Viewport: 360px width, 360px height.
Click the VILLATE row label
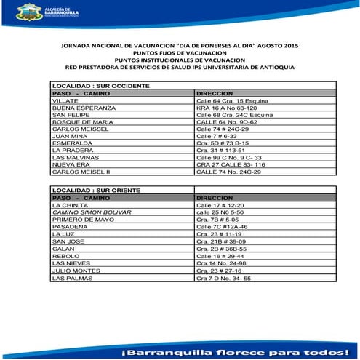point(65,100)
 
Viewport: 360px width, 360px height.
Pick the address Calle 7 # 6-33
point(216,135)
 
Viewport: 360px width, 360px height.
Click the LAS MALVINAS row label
point(73,157)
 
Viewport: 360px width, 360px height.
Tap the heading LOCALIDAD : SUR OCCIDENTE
point(100,86)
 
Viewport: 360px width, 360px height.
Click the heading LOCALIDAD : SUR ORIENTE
point(95,190)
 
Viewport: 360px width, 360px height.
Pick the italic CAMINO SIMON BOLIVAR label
point(87,212)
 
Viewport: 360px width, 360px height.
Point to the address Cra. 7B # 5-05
point(217,220)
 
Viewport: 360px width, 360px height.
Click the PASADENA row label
point(68,227)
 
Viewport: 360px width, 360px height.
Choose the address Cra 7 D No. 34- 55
point(223,278)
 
